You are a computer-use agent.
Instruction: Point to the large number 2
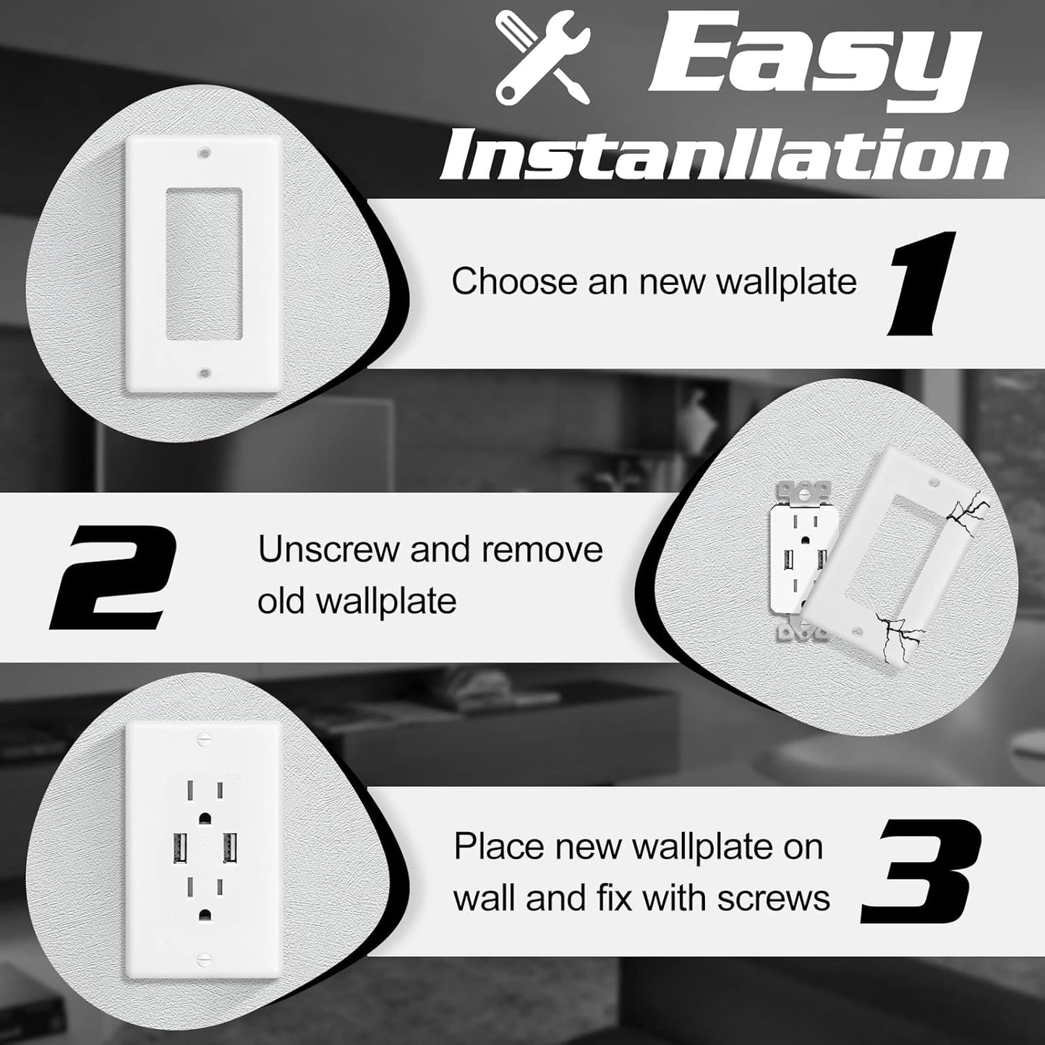tap(115, 577)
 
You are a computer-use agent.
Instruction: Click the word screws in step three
tap(773, 898)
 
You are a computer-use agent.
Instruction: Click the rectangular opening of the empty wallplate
tap(203, 264)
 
